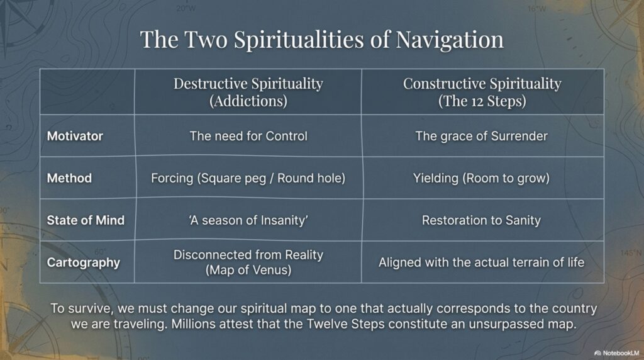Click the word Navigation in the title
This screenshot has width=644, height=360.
[x=450, y=40]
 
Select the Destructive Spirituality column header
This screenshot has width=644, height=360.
[x=248, y=92]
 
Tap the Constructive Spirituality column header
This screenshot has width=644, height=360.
[x=482, y=92]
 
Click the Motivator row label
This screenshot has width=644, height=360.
[x=75, y=136]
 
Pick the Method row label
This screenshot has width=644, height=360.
[x=69, y=178]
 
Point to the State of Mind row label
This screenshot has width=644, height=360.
[x=86, y=220]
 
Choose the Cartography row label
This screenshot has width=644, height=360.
[x=84, y=262]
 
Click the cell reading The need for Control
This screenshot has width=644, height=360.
[x=248, y=136]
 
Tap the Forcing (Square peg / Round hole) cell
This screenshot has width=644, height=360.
[x=248, y=178]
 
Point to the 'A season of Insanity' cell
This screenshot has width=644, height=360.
[x=248, y=221]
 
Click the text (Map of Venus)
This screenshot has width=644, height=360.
[x=248, y=270]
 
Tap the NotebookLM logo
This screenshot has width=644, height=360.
[x=616, y=353]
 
